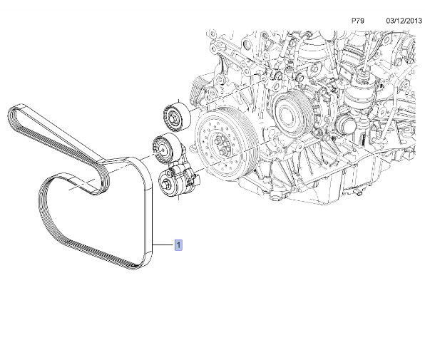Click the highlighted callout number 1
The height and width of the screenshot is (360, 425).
pyautogui.click(x=178, y=245)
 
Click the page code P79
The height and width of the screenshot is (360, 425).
pyautogui.click(x=358, y=21)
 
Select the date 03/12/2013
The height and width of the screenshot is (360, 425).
pyautogui.click(x=404, y=21)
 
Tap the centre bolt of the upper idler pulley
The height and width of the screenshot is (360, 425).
pyautogui.click(x=172, y=118)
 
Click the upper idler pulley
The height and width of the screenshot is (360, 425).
pyautogui.click(x=177, y=117)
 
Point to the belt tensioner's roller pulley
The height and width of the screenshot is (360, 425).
pyautogui.click(x=165, y=148)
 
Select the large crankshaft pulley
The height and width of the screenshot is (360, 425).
pyautogui.click(x=226, y=144)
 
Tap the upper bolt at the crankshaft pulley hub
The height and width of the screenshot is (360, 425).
pyautogui.click(x=217, y=140)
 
